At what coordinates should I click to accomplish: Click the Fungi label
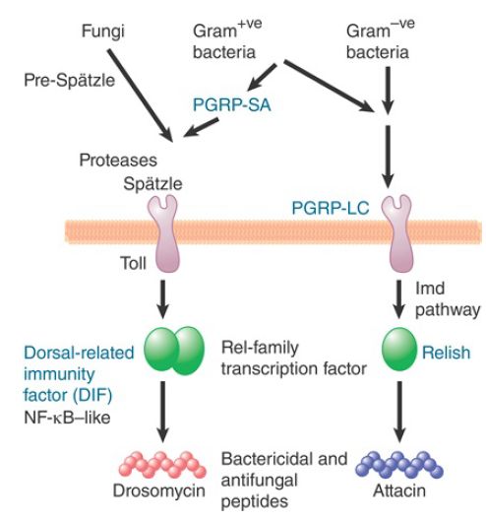coord(103,32)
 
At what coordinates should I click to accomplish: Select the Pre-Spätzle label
coord(70,80)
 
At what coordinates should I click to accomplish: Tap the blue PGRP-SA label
coord(232,104)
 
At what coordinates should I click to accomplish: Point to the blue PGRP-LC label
coord(331,208)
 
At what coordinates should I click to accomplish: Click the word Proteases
coord(118,161)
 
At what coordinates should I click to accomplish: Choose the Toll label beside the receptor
coord(133,263)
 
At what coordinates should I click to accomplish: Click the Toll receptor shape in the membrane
coord(163,233)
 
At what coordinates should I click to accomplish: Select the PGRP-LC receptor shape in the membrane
coord(397,233)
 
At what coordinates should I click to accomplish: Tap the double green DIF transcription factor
coord(174,351)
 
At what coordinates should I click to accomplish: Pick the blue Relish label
coord(447,353)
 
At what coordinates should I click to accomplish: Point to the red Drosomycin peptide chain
coord(162,464)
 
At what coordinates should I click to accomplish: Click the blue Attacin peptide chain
coord(399,464)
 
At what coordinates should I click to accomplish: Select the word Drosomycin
coord(159,490)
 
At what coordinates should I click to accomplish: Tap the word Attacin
coord(399,490)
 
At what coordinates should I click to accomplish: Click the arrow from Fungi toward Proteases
coord(140,96)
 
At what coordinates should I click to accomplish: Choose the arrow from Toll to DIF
coord(162,299)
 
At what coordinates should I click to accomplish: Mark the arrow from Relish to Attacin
coord(399,412)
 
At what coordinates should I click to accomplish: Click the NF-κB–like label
coord(67,418)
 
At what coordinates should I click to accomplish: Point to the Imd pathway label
coord(448,299)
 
